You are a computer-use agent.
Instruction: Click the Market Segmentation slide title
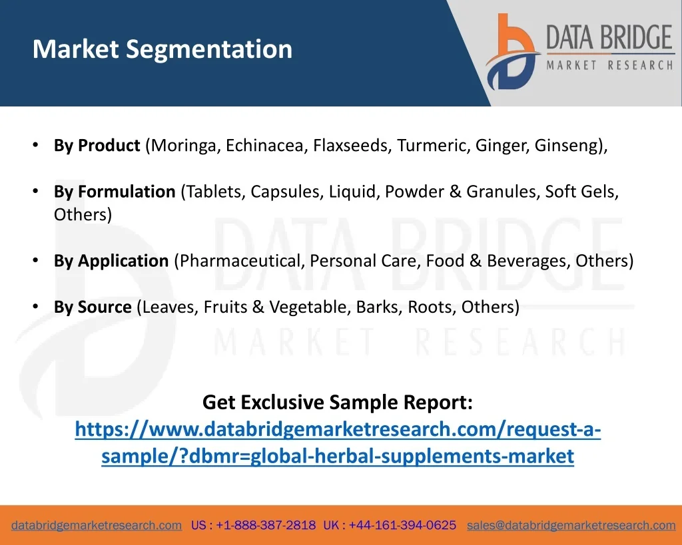[163, 49]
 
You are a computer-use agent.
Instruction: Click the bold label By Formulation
[115, 192]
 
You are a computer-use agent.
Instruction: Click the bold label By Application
[111, 261]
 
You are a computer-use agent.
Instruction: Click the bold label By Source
[93, 307]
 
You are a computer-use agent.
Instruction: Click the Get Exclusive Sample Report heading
[338, 403]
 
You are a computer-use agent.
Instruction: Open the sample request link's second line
[338, 456]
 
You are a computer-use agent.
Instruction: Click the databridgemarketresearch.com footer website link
[97, 526]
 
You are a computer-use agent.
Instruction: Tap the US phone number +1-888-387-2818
[266, 525]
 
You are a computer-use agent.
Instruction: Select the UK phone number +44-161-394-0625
[402, 525]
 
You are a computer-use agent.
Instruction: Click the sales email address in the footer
[571, 526]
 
